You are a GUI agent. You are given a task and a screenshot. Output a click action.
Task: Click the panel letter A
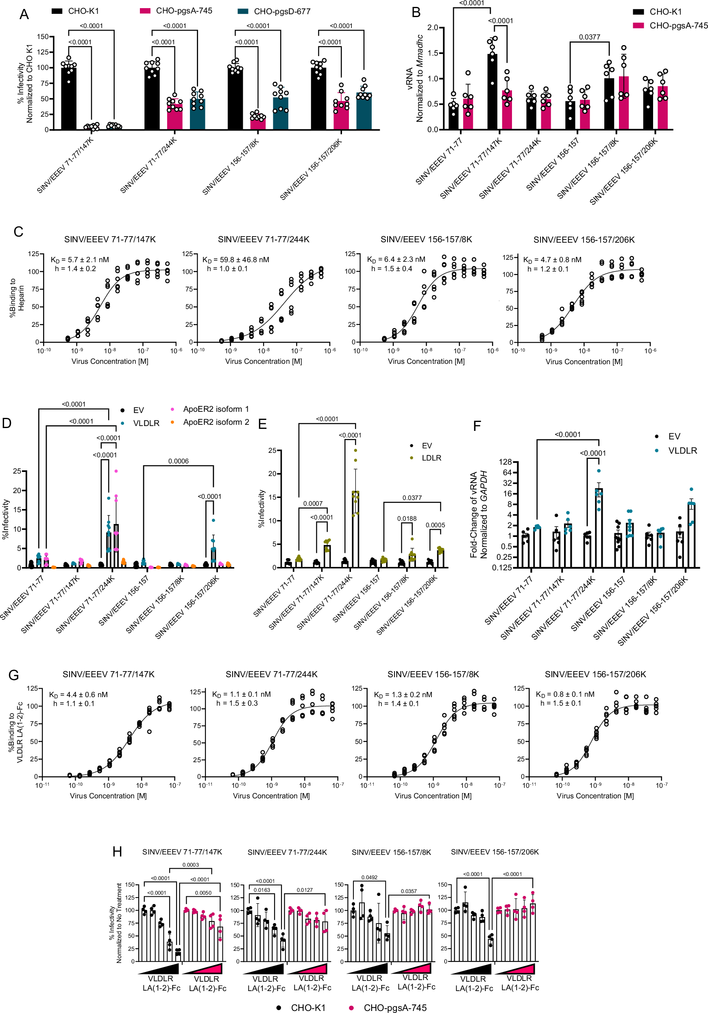click(x=24, y=15)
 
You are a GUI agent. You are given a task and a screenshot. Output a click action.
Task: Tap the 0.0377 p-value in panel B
click(x=589, y=37)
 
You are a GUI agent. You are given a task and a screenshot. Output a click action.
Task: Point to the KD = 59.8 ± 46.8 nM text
click(x=236, y=260)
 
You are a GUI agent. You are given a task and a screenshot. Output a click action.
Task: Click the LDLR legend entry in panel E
click(x=431, y=458)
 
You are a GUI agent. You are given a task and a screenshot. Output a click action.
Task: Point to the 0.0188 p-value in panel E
click(x=407, y=518)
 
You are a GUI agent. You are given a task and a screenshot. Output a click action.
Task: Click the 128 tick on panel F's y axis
click(x=505, y=462)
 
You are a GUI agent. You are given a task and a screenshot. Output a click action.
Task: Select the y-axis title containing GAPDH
click(x=479, y=515)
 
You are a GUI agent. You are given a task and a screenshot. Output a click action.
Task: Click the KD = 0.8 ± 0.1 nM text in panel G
click(x=564, y=694)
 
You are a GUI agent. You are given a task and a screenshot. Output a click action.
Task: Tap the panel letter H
click(x=117, y=852)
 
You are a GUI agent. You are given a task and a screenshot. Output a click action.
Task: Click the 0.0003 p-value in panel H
click(x=191, y=865)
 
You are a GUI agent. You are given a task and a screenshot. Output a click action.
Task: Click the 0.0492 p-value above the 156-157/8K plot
click(x=369, y=877)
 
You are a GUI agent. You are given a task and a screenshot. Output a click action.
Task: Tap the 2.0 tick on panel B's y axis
click(x=433, y=27)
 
